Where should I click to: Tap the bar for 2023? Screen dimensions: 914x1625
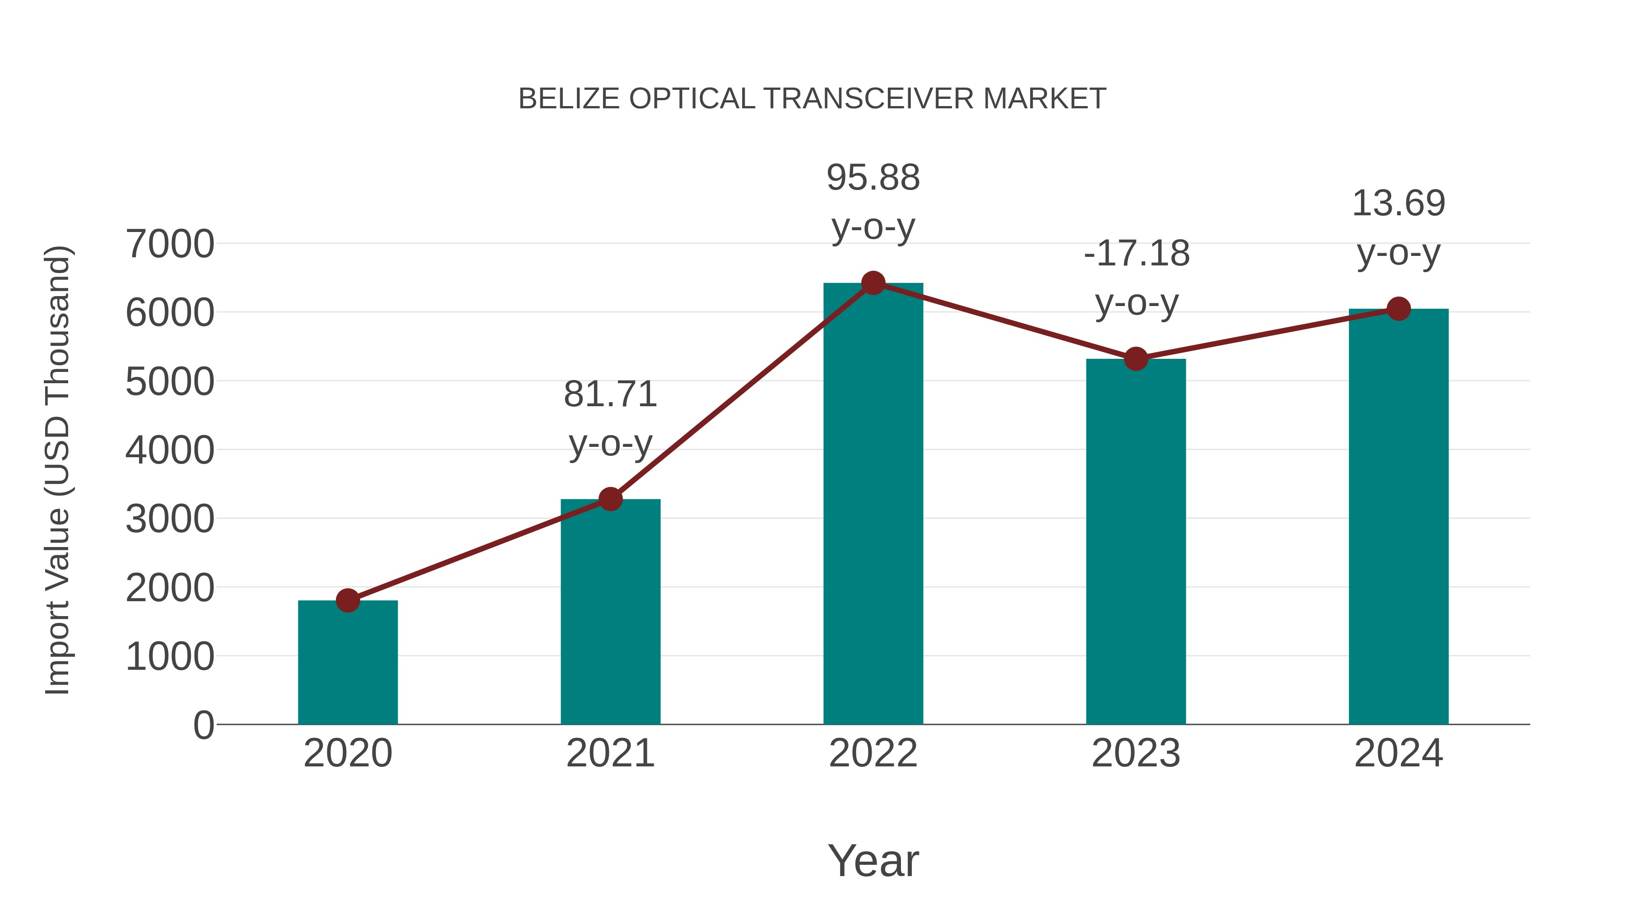click(x=1136, y=543)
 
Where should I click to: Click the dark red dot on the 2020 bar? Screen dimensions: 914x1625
click(x=348, y=600)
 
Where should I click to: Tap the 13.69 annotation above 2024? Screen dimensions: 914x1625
click(x=1398, y=228)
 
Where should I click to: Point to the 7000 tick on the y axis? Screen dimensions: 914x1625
click(x=170, y=244)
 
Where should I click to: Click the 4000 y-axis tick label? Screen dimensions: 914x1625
click(x=170, y=450)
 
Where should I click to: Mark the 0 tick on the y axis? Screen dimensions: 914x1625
click(x=203, y=725)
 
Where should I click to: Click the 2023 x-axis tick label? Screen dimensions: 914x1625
click(x=1136, y=753)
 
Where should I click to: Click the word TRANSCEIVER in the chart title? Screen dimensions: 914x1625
click(x=868, y=99)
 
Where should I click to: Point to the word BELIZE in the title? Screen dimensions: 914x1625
click(x=569, y=99)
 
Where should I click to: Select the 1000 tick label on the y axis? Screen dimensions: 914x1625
click(x=170, y=657)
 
